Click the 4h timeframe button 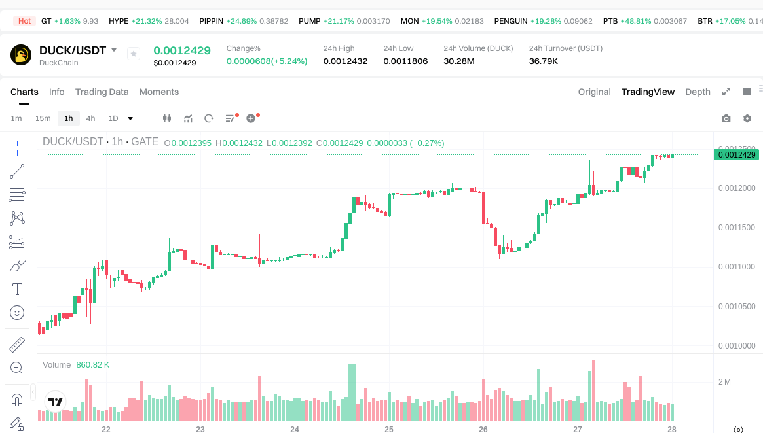coord(90,118)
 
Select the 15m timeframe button coord(43,118)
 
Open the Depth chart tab coord(698,92)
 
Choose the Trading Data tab coord(102,92)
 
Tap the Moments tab coord(159,92)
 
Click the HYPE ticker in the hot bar coord(119,21)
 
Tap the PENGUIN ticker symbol coord(511,21)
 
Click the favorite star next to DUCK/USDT coord(134,54)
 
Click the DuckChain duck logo coord(21,55)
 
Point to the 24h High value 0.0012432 coord(345,61)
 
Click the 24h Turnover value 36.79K coord(544,61)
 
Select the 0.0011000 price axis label coord(737,267)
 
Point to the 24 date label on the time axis coord(295,429)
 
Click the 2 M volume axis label coord(724,381)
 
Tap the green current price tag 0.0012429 coord(737,155)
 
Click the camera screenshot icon coord(726,118)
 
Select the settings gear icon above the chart coord(747,118)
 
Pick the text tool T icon coord(18,289)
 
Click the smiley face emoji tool coord(18,313)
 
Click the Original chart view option coord(594,92)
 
